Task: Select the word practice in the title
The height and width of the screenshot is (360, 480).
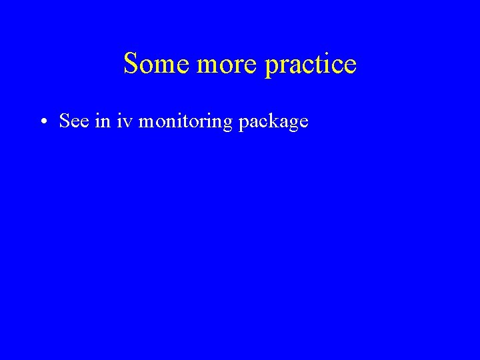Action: (x=311, y=65)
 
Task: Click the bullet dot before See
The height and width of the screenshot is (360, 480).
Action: (x=42, y=122)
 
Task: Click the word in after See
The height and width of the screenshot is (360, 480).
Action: (x=102, y=121)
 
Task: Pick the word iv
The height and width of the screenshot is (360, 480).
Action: (x=125, y=121)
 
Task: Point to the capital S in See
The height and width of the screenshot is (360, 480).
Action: (x=65, y=121)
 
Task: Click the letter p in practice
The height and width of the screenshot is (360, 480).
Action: (x=271, y=67)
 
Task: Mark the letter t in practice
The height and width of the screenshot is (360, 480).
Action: (x=321, y=65)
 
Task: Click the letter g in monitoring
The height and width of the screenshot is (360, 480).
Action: (x=229, y=124)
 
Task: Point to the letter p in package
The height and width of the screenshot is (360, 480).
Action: (x=243, y=124)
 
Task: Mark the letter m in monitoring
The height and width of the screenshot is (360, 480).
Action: (x=147, y=122)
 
